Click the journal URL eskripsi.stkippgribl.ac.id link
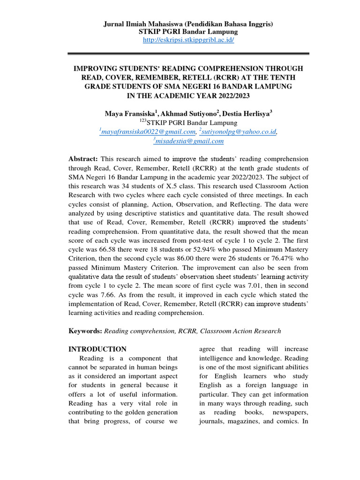[188, 40]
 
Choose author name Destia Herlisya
[247, 114]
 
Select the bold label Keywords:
[85, 331]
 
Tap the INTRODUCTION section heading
[97, 349]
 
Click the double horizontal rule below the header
[188, 53]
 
